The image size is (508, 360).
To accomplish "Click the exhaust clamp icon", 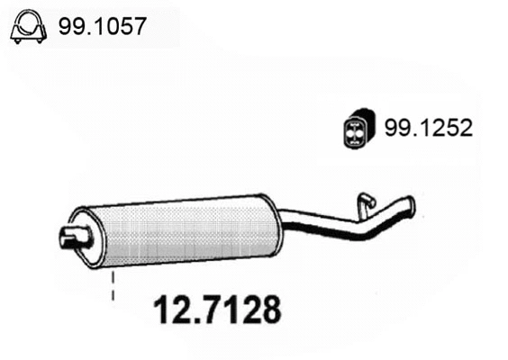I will (x=28, y=29).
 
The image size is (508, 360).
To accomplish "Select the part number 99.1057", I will (x=101, y=29).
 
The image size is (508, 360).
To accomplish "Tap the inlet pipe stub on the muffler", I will (x=70, y=238).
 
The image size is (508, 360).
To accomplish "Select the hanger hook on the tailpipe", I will (x=366, y=201).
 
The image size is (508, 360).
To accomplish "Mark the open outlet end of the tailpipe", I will (x=413, y=206).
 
